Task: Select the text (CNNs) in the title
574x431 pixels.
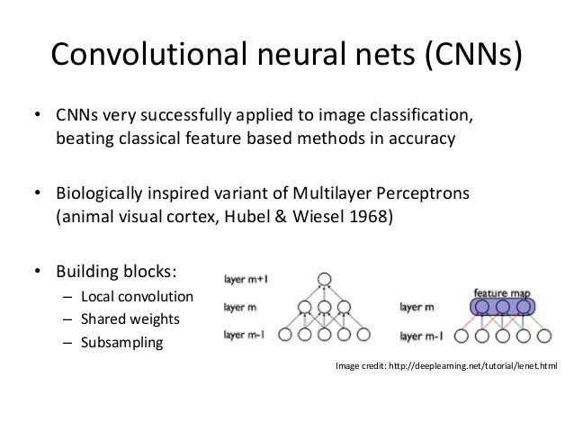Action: pos(467,57)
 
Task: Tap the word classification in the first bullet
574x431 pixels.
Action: pos(420,119)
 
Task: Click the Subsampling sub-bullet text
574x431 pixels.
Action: pos(121,343)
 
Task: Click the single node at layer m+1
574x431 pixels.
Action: pos(325,278)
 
